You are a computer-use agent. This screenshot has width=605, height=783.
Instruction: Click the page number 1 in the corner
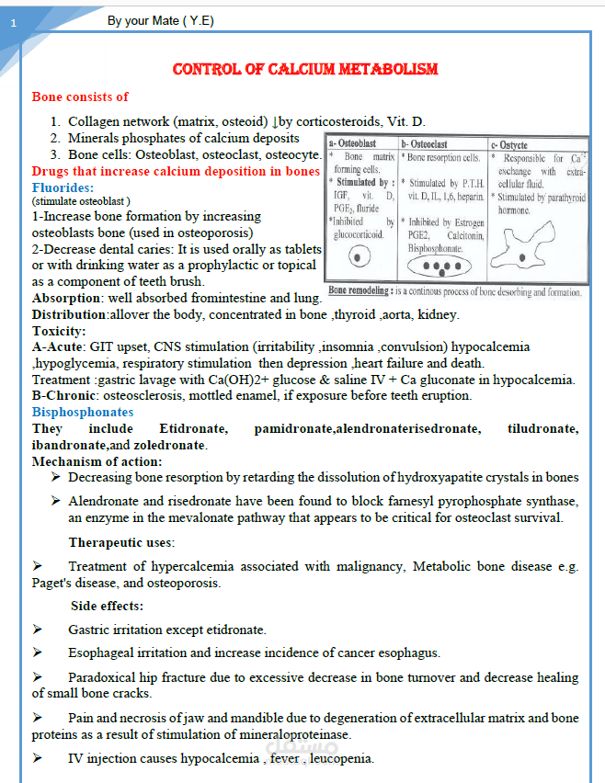13,22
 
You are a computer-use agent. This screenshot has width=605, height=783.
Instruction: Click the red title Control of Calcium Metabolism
305,70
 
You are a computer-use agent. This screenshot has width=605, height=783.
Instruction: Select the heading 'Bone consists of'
80,96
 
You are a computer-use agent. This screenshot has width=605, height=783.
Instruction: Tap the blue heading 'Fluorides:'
63,187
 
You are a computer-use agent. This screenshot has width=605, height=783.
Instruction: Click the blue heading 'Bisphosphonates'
83,413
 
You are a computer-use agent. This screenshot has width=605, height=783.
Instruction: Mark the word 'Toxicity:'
60,331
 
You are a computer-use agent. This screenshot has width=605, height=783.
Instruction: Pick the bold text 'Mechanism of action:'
97,461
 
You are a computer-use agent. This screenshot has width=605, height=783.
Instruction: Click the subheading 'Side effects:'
107,606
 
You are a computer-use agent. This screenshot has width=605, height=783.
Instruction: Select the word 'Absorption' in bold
65,299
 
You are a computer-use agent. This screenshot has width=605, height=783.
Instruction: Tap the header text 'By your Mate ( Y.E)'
161,19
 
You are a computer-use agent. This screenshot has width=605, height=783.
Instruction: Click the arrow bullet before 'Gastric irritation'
38,630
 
